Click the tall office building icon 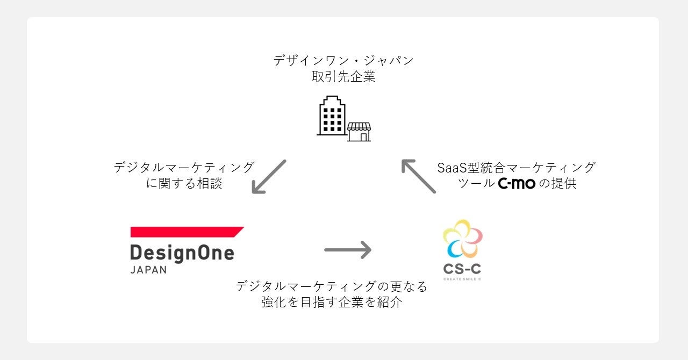[x=331, y=116]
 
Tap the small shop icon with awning [x=359, y=132]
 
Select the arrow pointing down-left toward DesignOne [x=269, y=177]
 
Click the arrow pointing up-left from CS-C [x=418, y=176]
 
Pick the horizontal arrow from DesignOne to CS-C [x=348, y=249]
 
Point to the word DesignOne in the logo [x=182, y=253]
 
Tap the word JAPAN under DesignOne [x=149, y=270]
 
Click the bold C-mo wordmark [x=517, y=184]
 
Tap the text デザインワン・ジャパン [x=343, y=60]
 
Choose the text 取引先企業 [x=343, y=77]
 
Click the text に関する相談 [x=184, y=184]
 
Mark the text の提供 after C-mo [x=557, y=184]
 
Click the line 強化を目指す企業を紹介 [x=332, y=303]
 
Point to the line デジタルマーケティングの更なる [x=332, y=286]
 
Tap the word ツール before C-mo [x=476, y=184]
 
